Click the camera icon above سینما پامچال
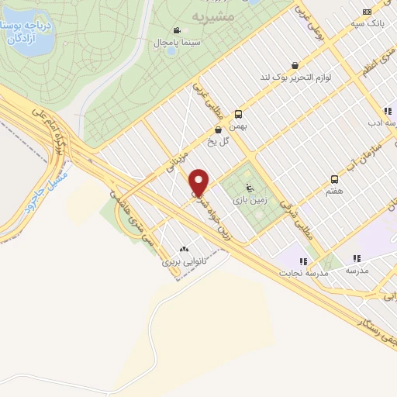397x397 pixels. point(178,29)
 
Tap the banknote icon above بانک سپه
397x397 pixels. point(367,12)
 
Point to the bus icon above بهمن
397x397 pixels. point(238,112)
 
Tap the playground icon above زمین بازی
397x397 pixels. point(249,187)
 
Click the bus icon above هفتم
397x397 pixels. point(334,178)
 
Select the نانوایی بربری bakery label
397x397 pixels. point(184,261)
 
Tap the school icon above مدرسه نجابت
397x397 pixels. point(304,261)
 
